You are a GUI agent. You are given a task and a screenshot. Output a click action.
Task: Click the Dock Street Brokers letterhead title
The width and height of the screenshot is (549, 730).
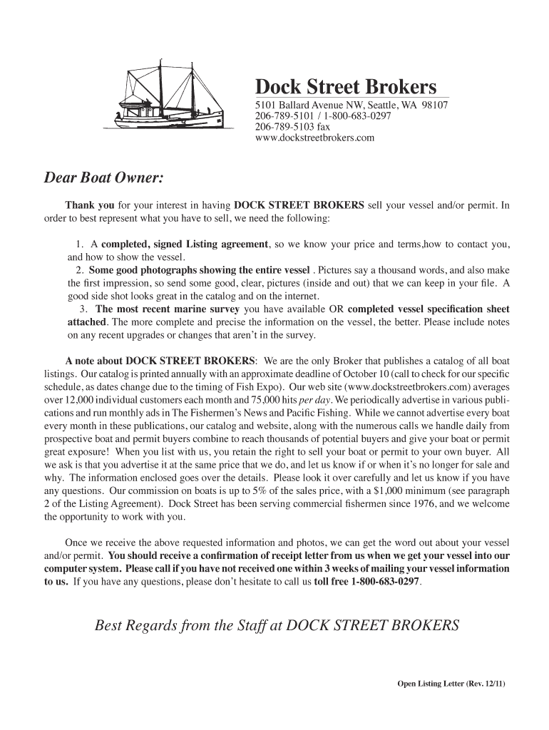[346, 87]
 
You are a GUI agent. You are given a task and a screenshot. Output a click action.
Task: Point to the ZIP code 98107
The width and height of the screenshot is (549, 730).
[433, 106]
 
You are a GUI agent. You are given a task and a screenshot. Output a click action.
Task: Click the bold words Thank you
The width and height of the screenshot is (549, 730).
[85, 205]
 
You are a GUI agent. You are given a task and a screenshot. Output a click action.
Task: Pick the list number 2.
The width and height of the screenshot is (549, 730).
[81, 270]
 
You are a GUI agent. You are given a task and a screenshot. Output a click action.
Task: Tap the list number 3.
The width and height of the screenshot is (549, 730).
[83, 309]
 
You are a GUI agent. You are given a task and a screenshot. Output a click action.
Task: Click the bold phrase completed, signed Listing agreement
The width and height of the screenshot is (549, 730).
[185, 245]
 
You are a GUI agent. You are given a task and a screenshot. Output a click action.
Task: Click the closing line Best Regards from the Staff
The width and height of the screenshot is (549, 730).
[277, 626]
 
